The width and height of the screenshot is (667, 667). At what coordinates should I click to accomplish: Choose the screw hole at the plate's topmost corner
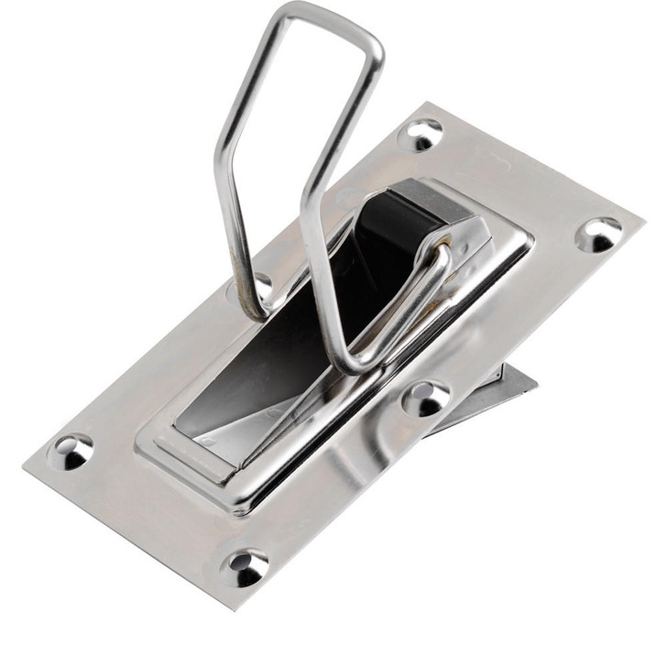click(423, 135)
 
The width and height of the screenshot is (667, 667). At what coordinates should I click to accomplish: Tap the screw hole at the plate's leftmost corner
click(72, 450)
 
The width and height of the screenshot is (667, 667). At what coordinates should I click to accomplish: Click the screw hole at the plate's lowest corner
click(246, 567)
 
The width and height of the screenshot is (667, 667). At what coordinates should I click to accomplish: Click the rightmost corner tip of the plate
click(642, 223)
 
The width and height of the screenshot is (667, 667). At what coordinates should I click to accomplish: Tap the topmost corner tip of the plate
click(429, 103)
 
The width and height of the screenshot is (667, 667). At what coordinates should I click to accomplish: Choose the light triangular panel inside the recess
click(224, 421)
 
